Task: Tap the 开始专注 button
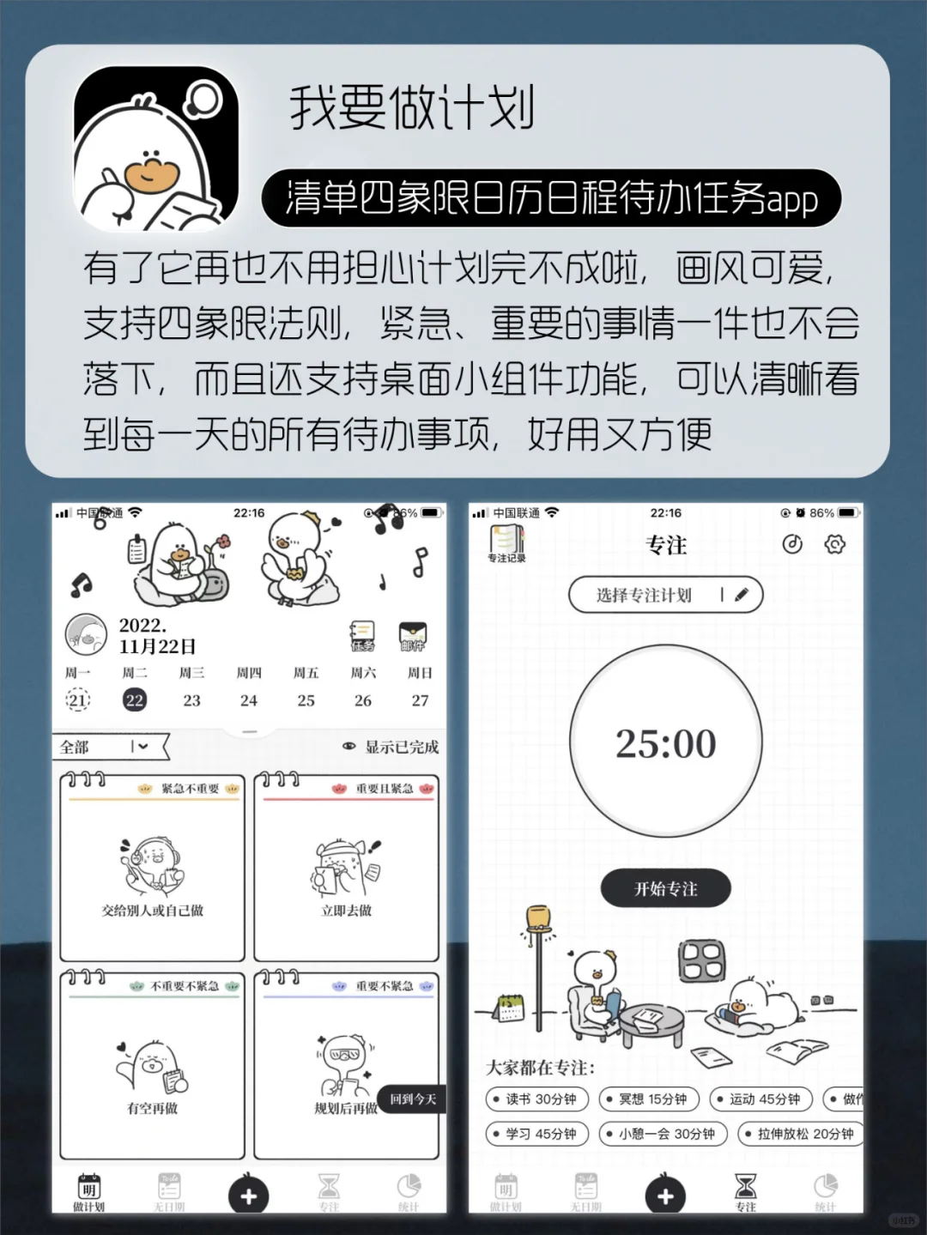click(665, 888)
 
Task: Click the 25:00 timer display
click(665, 743)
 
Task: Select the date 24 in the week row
click(249, 700)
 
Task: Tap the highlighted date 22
click(135, 700)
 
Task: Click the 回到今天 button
click(413, 1099)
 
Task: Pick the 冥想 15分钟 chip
click(650, 1099)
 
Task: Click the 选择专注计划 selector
click(665, 595)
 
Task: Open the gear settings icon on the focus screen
click(834, 544)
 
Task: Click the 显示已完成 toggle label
click(392, 747)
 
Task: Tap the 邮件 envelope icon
click(413, 636)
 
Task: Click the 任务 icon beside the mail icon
click(362, 636)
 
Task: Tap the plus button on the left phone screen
click(249, 1196)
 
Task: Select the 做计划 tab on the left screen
click(88, 1192)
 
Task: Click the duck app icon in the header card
click(156, 148)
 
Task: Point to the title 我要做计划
click(412, 109)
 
